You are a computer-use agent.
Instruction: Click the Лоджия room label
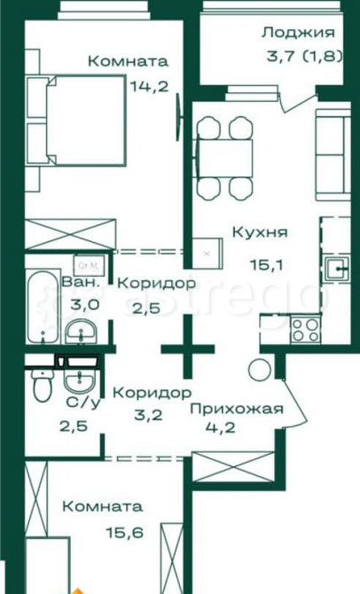pyautogui.click(x=298, y=34)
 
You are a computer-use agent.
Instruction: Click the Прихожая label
pyautogui.click(x=237, y=409)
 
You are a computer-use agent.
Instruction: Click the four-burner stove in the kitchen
pyautogui.click(x=306, y=329)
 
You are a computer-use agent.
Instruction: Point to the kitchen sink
pyautogui.click(x=337, y=270)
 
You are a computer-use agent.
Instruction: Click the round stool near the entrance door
pyautogui.click(x=259, y=370)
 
